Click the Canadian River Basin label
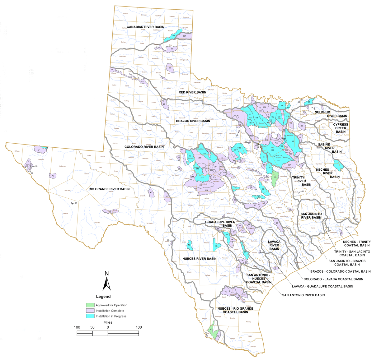tap(145, 27)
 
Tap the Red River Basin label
tap(192, 92)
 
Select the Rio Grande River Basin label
tap(109, 189)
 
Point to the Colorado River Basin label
tap(144, 147)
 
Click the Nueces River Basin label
tap(200, 259)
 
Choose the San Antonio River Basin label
tap(303, 295)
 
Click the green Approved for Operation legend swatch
tap(90, 305)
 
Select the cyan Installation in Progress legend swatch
tap(90, 316)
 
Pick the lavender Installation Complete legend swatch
tap(90, 311)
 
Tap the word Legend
tap(103, 297)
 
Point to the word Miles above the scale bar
tap(108, 322)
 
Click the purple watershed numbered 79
tap(53, 176)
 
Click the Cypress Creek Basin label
tap(341, 128)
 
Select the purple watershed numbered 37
tap(40, 150)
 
